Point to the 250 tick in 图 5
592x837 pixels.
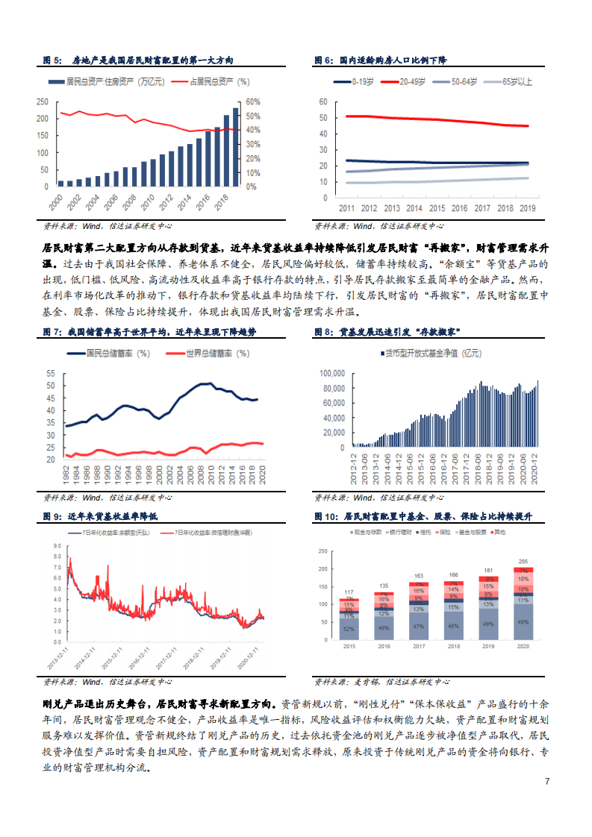(x=43, y=102)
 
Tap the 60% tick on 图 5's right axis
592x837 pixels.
(x=252, y=102)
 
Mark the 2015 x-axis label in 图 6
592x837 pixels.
(x=437, y=209)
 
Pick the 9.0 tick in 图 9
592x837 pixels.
(x=56, y=547)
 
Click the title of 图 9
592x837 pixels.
(x=112, y=515)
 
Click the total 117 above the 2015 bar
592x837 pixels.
(x=348, y=592)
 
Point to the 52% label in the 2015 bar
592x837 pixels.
(x=348, y=630)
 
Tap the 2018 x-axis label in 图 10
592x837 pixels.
(x=452, y=646)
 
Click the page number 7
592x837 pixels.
(x=547, y=781)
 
